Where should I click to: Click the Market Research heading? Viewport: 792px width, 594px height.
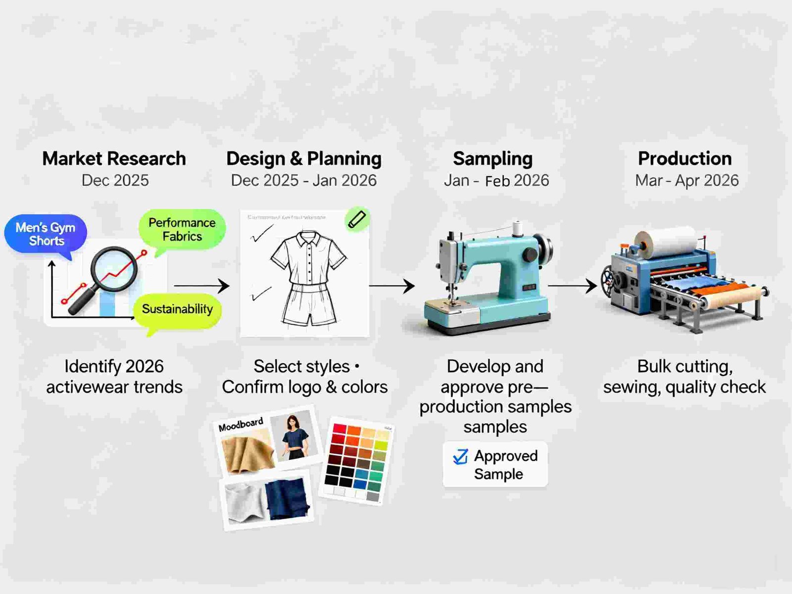[x=114, y=159]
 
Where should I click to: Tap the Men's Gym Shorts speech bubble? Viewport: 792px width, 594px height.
[x=46, y=234]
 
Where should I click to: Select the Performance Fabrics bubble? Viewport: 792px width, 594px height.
[x=182, y=229]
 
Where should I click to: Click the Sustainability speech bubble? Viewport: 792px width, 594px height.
[x=177, y=309]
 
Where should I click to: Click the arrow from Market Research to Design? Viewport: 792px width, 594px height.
[x=201, y=286]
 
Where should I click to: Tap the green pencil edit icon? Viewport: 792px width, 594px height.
[x=356, y=219]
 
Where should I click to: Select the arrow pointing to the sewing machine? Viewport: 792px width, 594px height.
[x=392, y=286]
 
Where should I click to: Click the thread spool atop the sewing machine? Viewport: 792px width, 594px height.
[x=518, y=229]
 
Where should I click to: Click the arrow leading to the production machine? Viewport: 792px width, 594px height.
[x=572, y=286]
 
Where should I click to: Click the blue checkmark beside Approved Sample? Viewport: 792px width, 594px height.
[x=460, y=456]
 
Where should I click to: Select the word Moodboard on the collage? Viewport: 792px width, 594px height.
[x=241, y=425]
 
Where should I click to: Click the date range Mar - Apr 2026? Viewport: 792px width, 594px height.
[x=687, y=181]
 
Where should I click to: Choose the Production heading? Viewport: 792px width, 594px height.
[x=685, y=159]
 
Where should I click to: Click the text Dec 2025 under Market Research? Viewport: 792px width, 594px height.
[x=115, y=181]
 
